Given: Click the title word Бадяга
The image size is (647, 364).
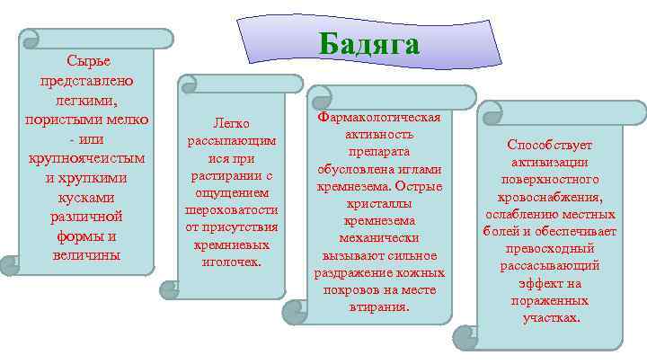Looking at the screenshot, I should (x=369, y=44).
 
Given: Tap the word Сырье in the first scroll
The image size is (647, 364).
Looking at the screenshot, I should (x=88, y=60).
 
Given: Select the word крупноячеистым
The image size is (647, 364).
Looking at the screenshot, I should (x=88, y=158).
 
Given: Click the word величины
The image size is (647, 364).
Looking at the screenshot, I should (x=88, y=256).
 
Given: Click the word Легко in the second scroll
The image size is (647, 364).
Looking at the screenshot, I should (x=231, y=124).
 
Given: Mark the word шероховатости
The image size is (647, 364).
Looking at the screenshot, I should (x=231, y=209).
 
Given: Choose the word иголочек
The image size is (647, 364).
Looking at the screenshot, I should (x=231, y=261).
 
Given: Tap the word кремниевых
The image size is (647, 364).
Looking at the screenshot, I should (x=231, y=244).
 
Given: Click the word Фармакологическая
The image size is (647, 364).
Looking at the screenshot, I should (x=378, y=118).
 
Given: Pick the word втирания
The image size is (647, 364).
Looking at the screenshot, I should (x=378, y=306).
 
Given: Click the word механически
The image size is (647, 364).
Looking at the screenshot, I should (x=378, y=237).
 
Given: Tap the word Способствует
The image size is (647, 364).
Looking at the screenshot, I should (x=550, y=145).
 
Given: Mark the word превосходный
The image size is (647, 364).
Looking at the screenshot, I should (x=550, y=248).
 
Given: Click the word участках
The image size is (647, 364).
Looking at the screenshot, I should (x=550, y=316).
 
